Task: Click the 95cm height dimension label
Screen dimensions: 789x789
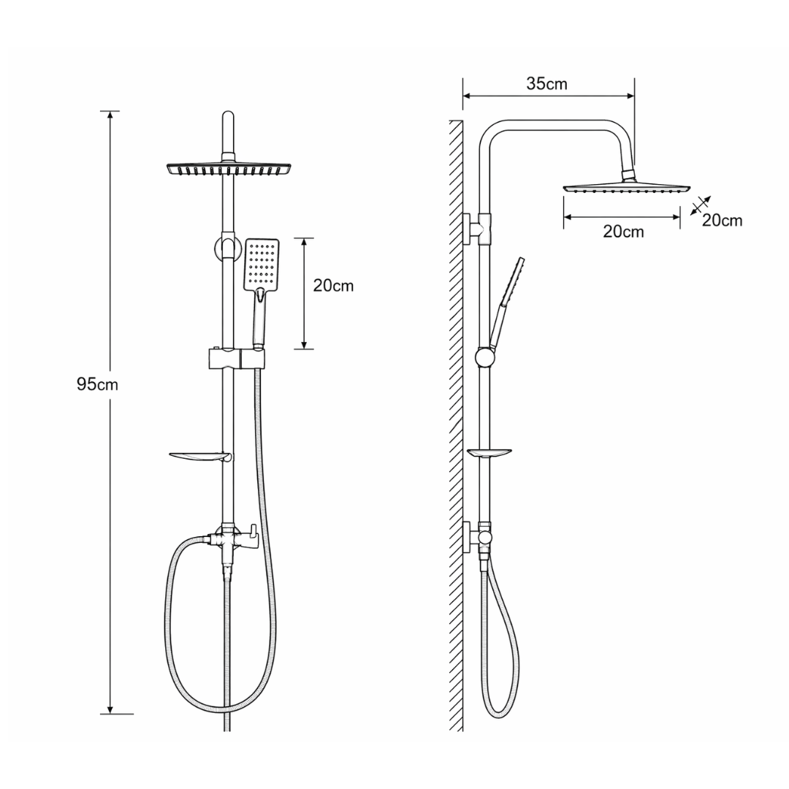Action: (x=97, y=384)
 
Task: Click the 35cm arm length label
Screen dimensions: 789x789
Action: (x=546, y=83)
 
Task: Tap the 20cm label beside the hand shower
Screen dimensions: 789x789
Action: (x=333, y=286)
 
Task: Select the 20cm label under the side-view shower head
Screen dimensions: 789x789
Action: (x=623, y=232)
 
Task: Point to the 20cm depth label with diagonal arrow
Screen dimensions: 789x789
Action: (x=722, y=221)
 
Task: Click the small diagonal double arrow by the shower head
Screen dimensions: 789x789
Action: (x=700, y=205)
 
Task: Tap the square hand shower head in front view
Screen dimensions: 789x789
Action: (x=262, y=264)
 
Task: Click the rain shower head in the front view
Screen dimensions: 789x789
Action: (x=229, y=169)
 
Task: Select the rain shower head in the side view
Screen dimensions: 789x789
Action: (x=627, y=188)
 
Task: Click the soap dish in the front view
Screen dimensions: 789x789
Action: (x=199, y=457)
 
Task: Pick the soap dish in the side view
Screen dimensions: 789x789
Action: (x=489, y=453)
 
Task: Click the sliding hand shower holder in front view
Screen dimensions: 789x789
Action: (x=237, y=357)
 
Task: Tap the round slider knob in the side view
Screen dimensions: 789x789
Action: (x=486, y=358)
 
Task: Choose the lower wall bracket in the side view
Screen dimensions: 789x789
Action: (x=476, y=538)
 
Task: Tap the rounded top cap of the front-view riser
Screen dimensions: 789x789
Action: (x=228, y=115)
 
